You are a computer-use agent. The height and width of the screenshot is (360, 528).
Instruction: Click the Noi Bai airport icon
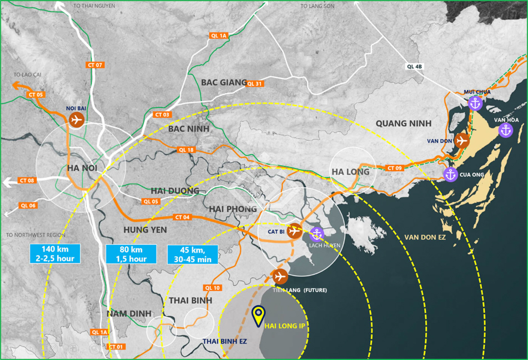[76, 119]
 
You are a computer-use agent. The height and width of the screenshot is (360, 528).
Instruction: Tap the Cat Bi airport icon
[294, 231]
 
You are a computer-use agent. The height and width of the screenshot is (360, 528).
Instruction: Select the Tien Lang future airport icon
[280, 276]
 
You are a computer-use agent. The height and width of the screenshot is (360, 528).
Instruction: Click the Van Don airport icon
[461, 141]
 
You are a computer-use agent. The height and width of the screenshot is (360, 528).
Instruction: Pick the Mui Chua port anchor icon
[475, 103]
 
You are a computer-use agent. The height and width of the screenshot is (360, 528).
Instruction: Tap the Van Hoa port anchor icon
[505, 130]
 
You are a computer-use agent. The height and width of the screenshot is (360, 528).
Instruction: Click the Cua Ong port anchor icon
[450, 174]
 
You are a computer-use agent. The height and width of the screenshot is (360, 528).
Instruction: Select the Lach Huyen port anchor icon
[316, 234]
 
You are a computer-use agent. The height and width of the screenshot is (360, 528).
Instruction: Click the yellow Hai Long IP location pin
[258, 316]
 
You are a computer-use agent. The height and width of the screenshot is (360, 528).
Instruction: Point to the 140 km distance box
[55, 254]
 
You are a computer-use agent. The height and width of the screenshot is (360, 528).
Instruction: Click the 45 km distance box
[192, 254]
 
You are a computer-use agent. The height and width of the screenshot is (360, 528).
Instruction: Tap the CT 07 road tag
[95, 65]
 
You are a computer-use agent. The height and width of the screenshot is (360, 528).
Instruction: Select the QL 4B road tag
[414, 67]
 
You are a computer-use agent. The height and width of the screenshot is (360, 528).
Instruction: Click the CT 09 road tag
[395, 168]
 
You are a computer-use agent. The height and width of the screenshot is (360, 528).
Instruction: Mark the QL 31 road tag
[254, 84]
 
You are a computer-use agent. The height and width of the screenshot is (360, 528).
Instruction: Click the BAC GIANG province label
[224, 82]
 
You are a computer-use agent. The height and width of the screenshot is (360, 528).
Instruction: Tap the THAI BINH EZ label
[224, 341]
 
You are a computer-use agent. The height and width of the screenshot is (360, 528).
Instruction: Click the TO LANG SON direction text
[318, 6]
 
